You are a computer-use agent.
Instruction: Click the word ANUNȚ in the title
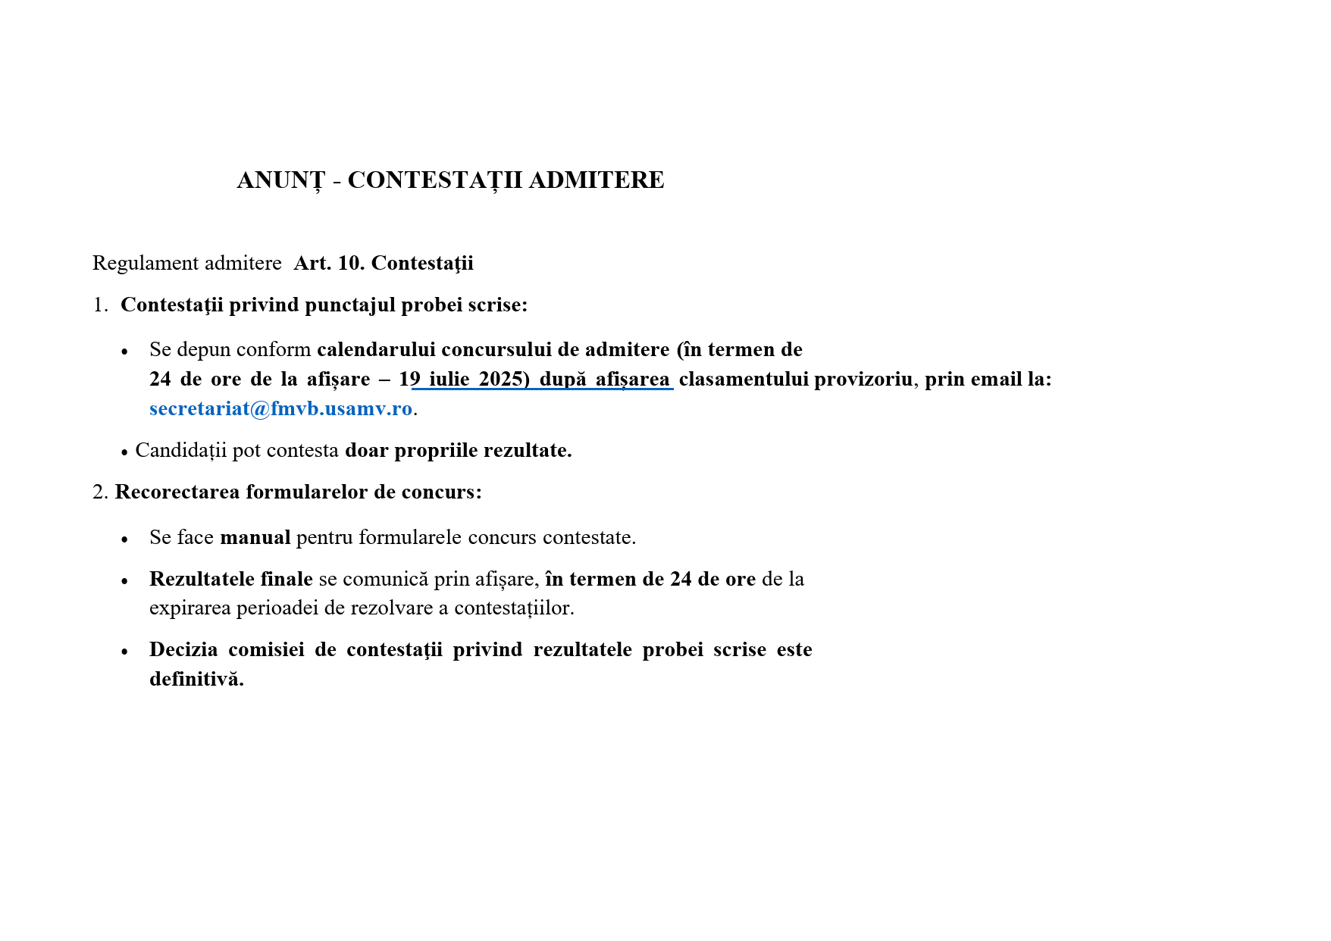tap(280, 180)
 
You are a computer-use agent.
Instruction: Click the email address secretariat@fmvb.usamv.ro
tap(280, 409)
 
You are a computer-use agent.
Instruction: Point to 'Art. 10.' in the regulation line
tap(329, 264)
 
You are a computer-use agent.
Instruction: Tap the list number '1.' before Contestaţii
tap(100, 305)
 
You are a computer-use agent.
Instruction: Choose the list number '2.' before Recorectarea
tap(100, 492)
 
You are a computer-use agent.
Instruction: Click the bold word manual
tap(255, 538)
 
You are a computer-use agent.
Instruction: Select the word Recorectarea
tap(177, 492)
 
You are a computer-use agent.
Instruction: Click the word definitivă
tap(196, 680)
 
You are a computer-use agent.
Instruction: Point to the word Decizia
tap(183, 650)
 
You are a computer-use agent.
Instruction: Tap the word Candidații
tap(180, 451)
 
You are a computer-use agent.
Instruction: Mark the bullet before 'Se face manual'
tap(125, 539)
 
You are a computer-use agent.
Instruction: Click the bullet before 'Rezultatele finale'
tap(125, 581)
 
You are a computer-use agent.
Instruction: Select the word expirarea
tap(190, 608)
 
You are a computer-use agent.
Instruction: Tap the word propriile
tap(436, 451)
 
